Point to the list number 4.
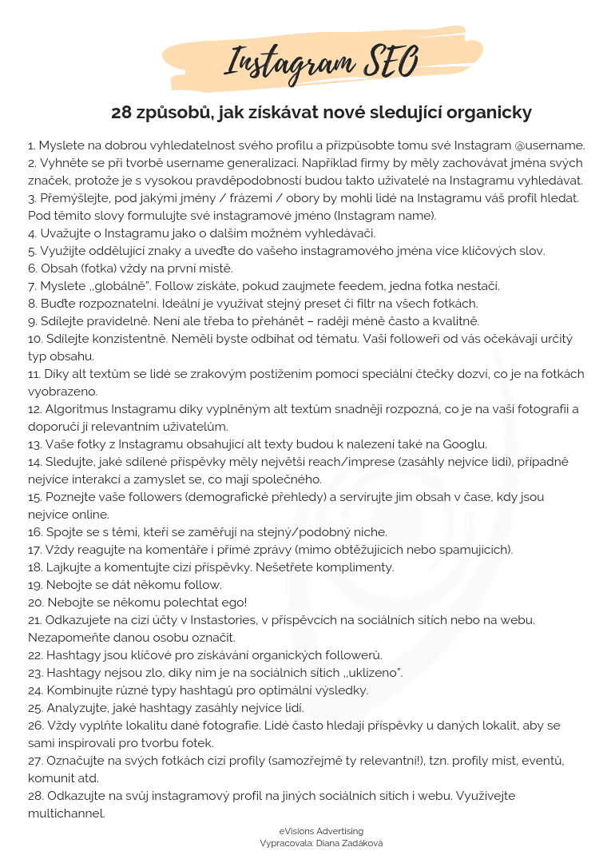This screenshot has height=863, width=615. pos(33,233)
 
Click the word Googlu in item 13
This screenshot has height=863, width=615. pos(463,443)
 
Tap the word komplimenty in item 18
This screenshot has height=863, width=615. pos(356,567)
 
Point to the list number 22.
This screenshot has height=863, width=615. pos(35,654)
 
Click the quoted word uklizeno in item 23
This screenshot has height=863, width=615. pos(371,672)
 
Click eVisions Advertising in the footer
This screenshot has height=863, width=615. pos(321,831)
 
